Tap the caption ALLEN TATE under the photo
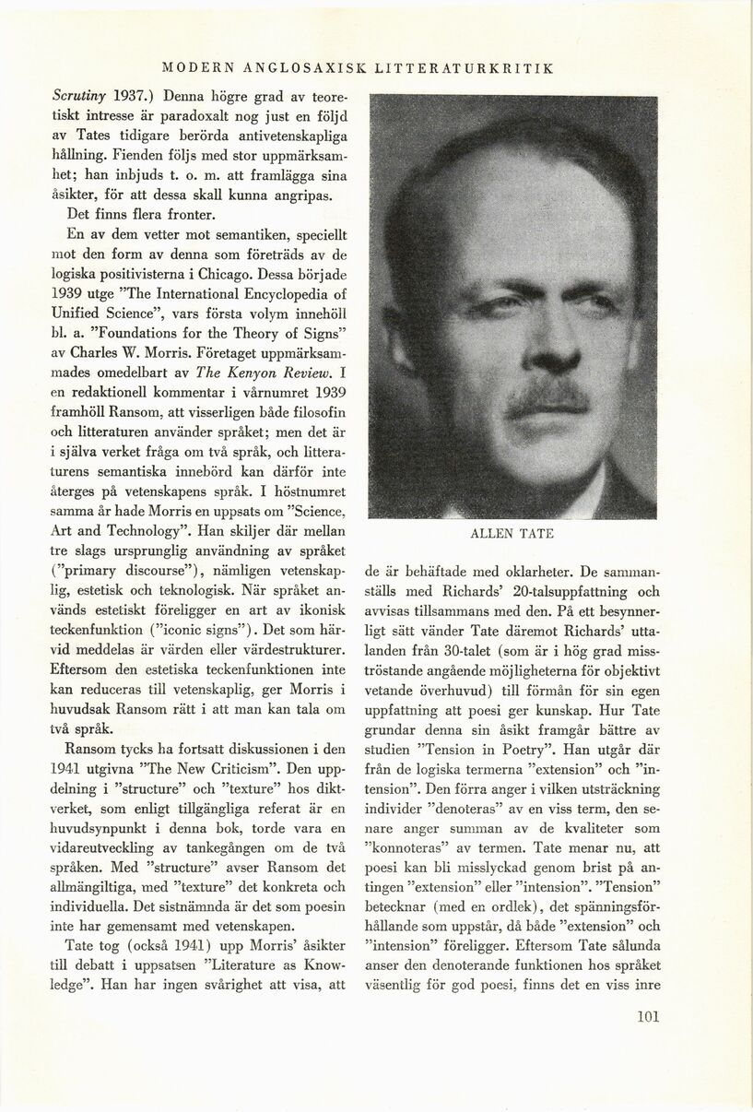[x=512, y=534]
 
